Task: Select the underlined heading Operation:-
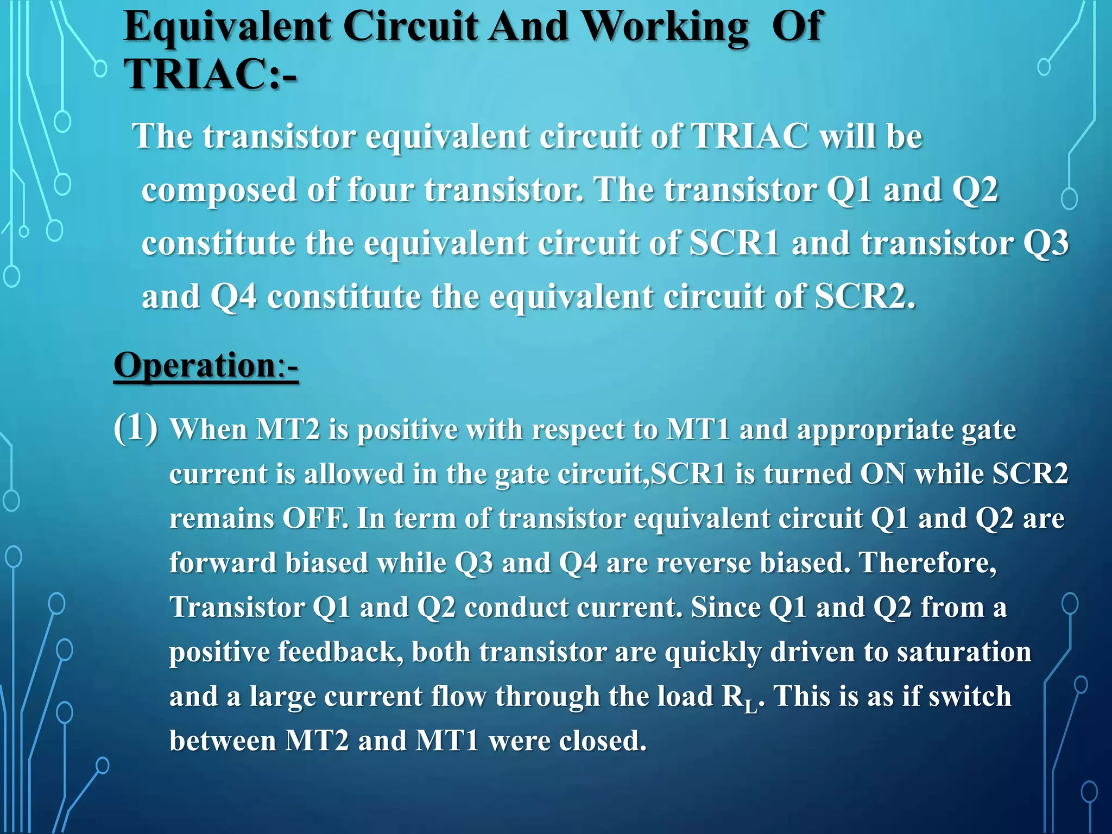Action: pos(206,365)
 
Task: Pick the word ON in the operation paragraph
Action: pos(883,473)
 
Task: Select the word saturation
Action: pos(964,652)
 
